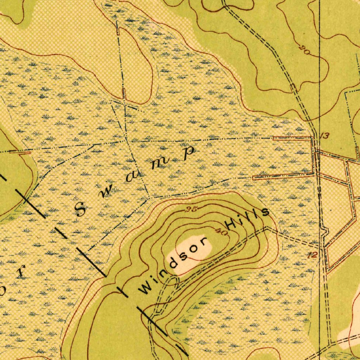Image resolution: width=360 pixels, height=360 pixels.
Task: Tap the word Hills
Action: tap(247, 218)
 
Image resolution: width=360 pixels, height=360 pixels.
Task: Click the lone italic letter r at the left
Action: tap(21, 272)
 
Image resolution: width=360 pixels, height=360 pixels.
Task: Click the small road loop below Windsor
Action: tap(171, 281)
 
